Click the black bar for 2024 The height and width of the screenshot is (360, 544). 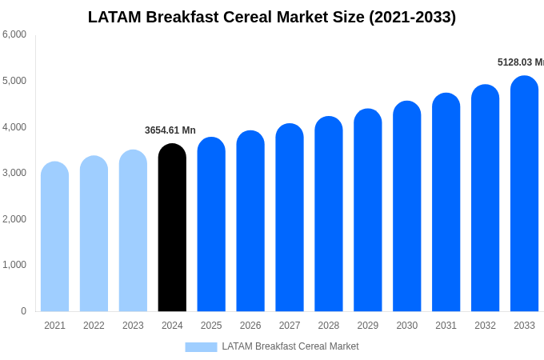[x=172, y=228]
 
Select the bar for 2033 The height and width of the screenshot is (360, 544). [x=524, y=194]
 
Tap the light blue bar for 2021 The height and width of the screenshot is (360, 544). [x=54, y=237]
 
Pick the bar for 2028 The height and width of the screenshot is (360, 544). [x=328, y=214]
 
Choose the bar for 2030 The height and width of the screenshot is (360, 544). [x=406, y=206]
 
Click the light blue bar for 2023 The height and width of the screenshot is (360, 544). [x=133, y=231]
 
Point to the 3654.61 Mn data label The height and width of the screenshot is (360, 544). [x=170, y=130]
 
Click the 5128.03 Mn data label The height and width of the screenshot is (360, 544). [x=520, y=62]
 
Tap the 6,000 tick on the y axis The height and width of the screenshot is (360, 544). [x=14, y=34]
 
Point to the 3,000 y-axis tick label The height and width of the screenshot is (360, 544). [x=14, y=173]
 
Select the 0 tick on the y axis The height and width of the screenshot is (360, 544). [x=23, y=311]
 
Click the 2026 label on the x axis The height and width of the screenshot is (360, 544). [x=250, y=326]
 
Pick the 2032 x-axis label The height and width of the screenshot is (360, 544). [x=485, y=326]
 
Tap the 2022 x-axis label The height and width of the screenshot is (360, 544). [x=94, y=326]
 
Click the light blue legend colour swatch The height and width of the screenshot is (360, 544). [x=201, y=347]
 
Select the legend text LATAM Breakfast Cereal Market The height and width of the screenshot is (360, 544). [x=290, y=346]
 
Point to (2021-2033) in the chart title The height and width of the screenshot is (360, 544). [x=412, y=17]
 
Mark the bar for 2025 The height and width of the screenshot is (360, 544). [x=211, y=225]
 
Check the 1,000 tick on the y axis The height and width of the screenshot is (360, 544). [x=14, y=265]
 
